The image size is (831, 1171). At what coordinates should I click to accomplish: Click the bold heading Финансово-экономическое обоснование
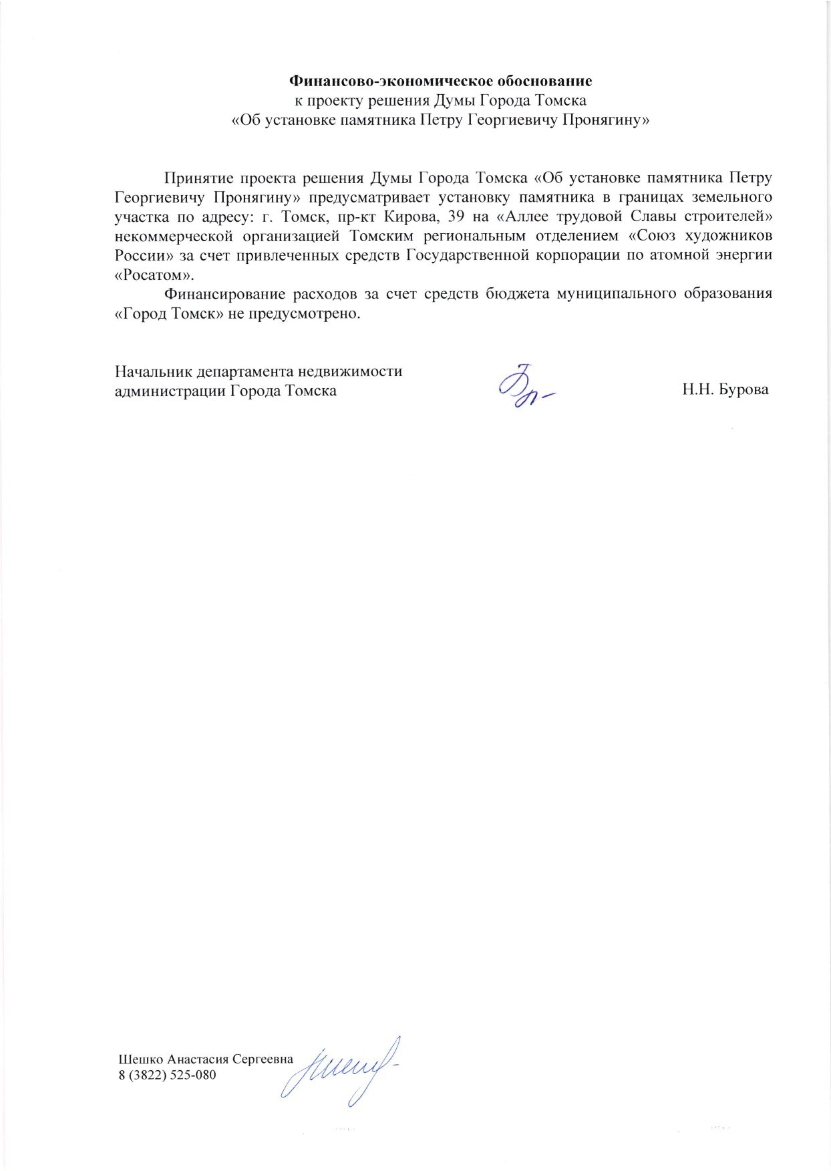[440, 81]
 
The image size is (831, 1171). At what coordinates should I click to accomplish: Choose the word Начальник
[154, 371]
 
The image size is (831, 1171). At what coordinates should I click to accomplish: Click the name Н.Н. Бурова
[725, 389]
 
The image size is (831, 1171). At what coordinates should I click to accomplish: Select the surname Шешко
[140, 1059]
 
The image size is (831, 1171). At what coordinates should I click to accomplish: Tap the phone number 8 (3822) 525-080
[167, 1075]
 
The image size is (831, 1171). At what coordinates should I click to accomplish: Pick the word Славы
[651, 217]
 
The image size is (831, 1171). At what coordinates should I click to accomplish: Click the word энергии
[744, 256]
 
